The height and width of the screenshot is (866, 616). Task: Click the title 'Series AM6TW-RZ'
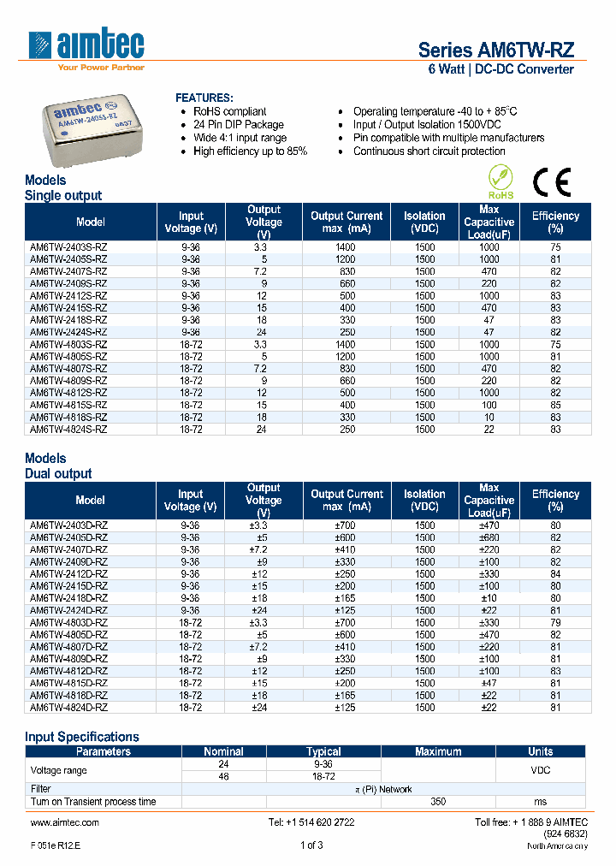click(495, 50)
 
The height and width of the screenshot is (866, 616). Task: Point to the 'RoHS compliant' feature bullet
click(229, 111)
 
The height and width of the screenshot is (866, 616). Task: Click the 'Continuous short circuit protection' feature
click(429, 151)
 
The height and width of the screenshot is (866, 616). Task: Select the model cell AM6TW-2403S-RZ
click(68, 246)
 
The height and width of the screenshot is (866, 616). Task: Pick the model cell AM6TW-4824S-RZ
click(68, 429)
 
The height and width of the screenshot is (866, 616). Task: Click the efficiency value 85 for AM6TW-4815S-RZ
click(555, 405)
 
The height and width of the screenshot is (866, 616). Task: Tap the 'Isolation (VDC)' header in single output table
click(424, 222)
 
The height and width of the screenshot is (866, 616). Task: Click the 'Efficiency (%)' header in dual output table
click(555, 500)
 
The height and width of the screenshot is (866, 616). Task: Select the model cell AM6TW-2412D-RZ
click(68, 573)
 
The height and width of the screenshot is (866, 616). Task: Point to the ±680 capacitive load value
click(489, 537)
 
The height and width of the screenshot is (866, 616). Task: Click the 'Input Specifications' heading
click(81, 737)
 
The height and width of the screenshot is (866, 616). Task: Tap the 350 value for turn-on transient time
click(438, 802)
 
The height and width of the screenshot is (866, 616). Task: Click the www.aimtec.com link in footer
click(65, 822)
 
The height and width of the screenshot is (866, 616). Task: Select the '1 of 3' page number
click(311, 845)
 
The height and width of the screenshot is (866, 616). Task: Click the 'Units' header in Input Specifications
click(540, 751)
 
